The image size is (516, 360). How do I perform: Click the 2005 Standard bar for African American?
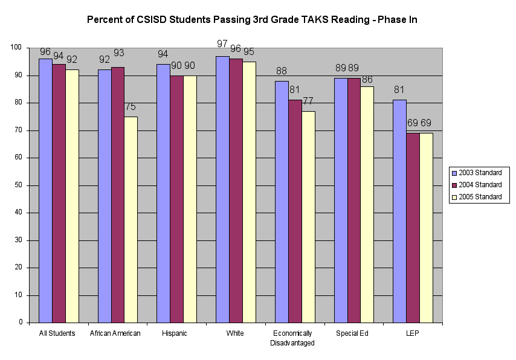131,219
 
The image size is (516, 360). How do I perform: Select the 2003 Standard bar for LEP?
399,211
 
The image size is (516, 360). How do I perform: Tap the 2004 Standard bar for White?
235,190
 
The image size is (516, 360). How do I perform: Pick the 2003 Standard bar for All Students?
45,190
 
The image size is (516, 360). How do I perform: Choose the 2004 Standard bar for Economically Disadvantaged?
294,211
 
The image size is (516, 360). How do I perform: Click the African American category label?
115,333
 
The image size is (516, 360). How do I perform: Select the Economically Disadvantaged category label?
292,338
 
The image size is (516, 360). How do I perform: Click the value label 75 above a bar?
131,108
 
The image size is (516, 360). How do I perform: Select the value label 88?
281,71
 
